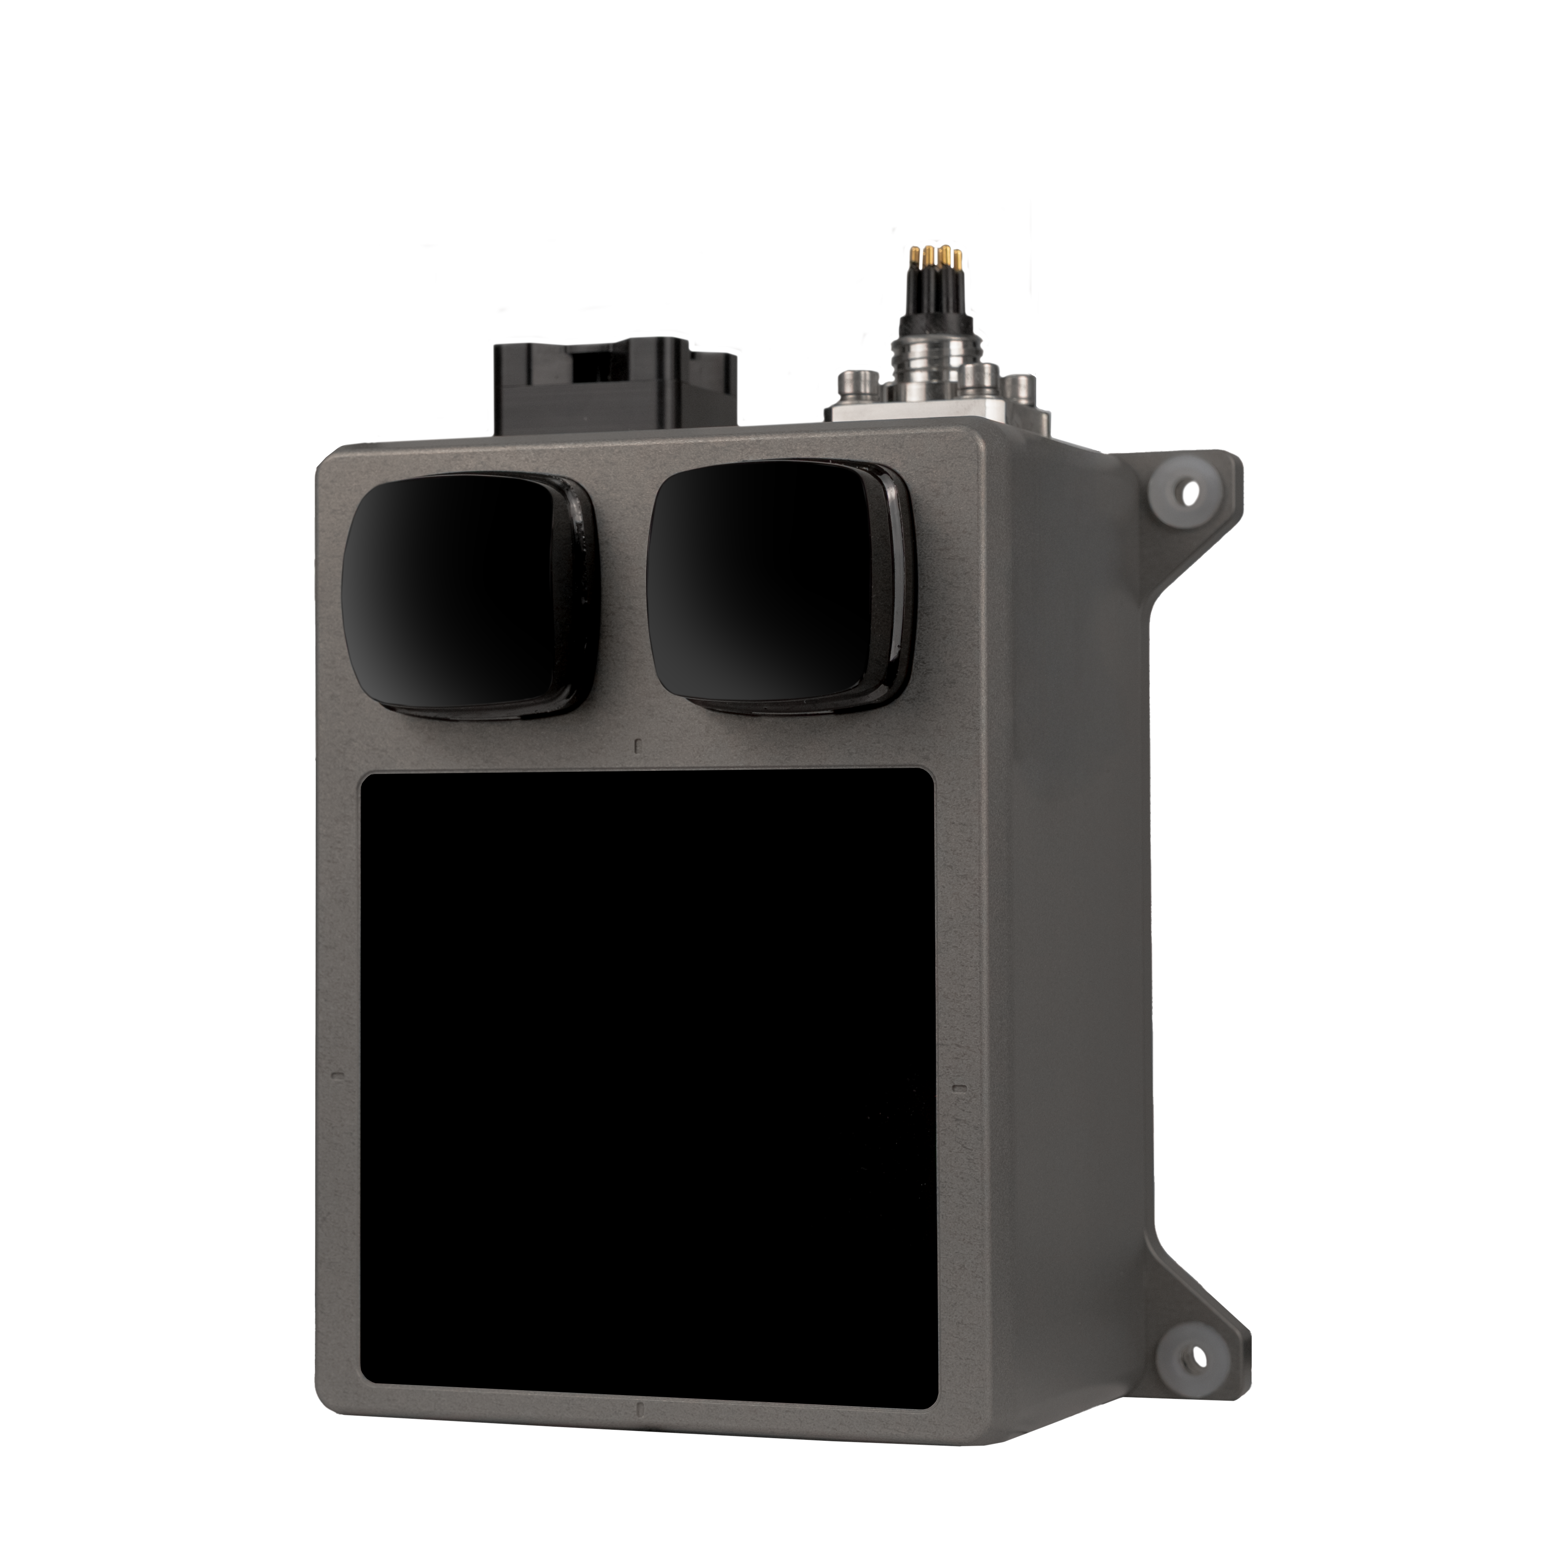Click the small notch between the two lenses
637,745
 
